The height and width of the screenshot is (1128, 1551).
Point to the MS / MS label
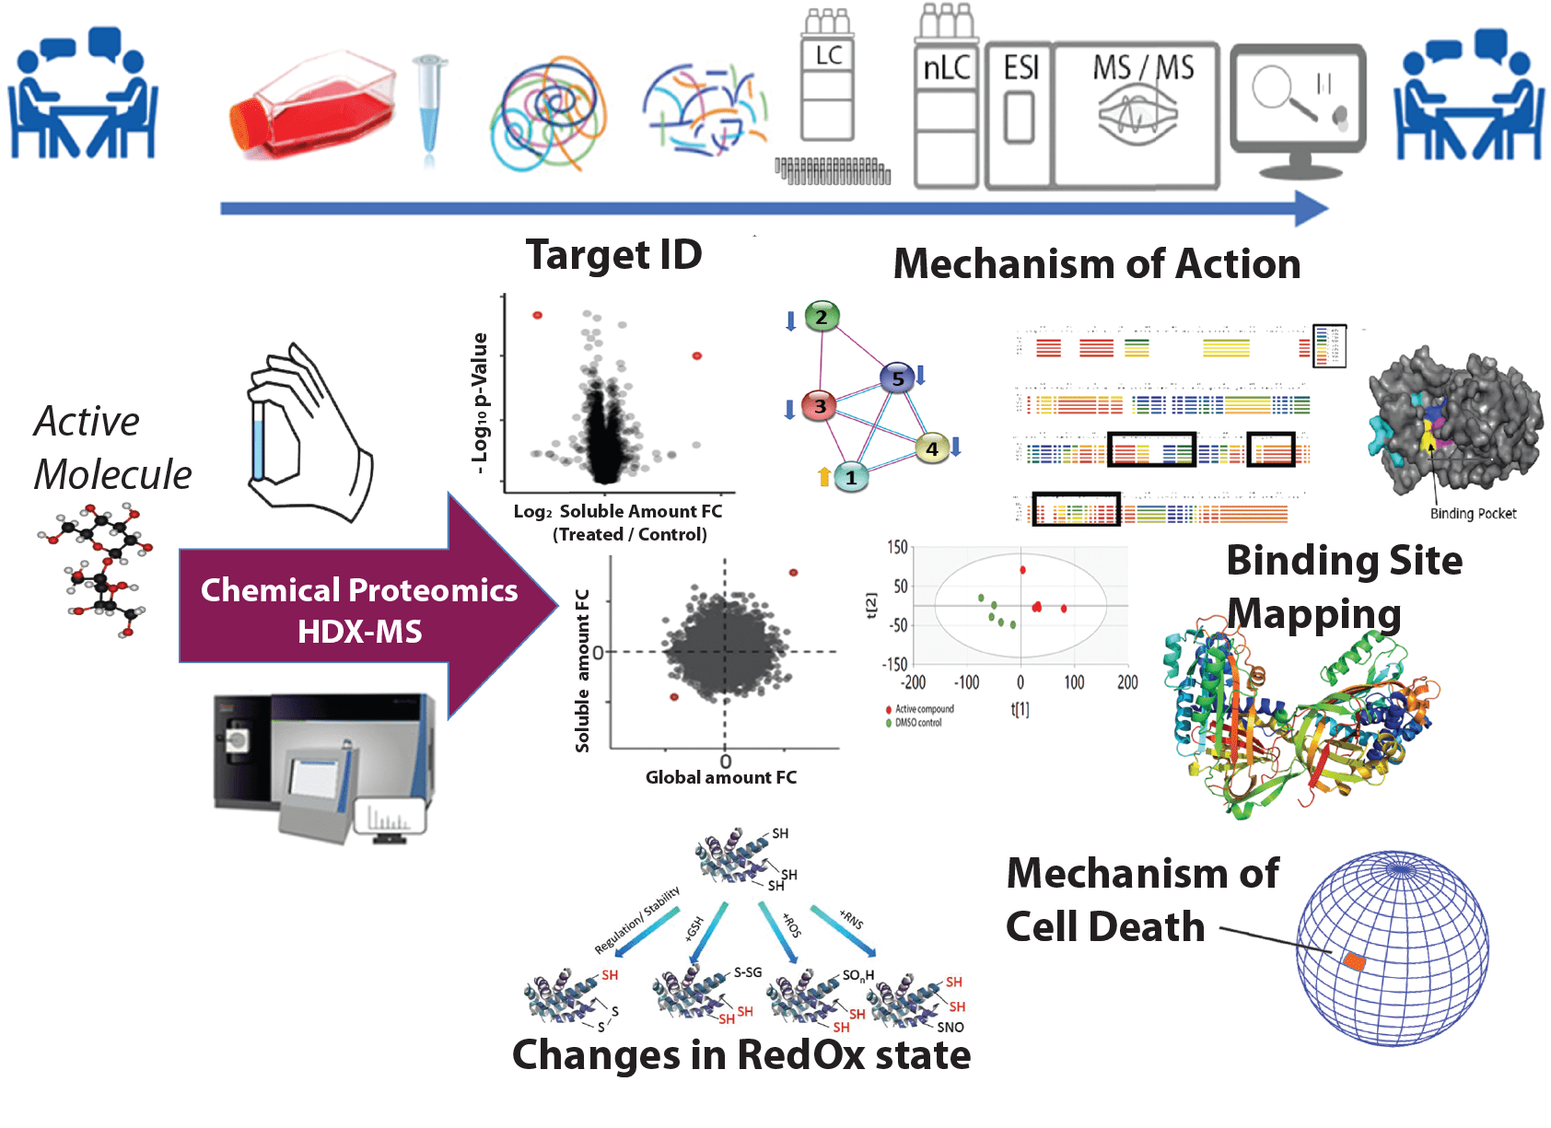(x=1143, y=68)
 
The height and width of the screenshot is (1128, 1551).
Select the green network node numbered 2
(x=822, y=318)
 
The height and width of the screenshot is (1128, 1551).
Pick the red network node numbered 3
(x=819, y=406)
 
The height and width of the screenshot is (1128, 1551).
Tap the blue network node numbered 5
(x=897, y=378)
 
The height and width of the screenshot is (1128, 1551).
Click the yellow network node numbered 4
(x=932, y=448)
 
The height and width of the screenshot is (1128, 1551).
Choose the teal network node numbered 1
(x=851, y=477)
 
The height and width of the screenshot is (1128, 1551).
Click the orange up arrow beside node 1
(x=824, y=476)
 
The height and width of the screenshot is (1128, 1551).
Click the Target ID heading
(x=613, y=255)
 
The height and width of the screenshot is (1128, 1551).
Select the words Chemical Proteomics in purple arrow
(x=359, y=590)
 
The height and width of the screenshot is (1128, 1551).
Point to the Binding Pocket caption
(x=1473, y=514)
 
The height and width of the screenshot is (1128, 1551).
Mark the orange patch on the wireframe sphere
(x=1354, y=961)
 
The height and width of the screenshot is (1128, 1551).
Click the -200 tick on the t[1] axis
(x=913, y=682)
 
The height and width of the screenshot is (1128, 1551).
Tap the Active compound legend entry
(x=924, y=709)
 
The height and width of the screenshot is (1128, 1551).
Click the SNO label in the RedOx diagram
(x=950, y=1028)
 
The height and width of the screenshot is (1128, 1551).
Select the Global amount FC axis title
(x=721, y=778)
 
